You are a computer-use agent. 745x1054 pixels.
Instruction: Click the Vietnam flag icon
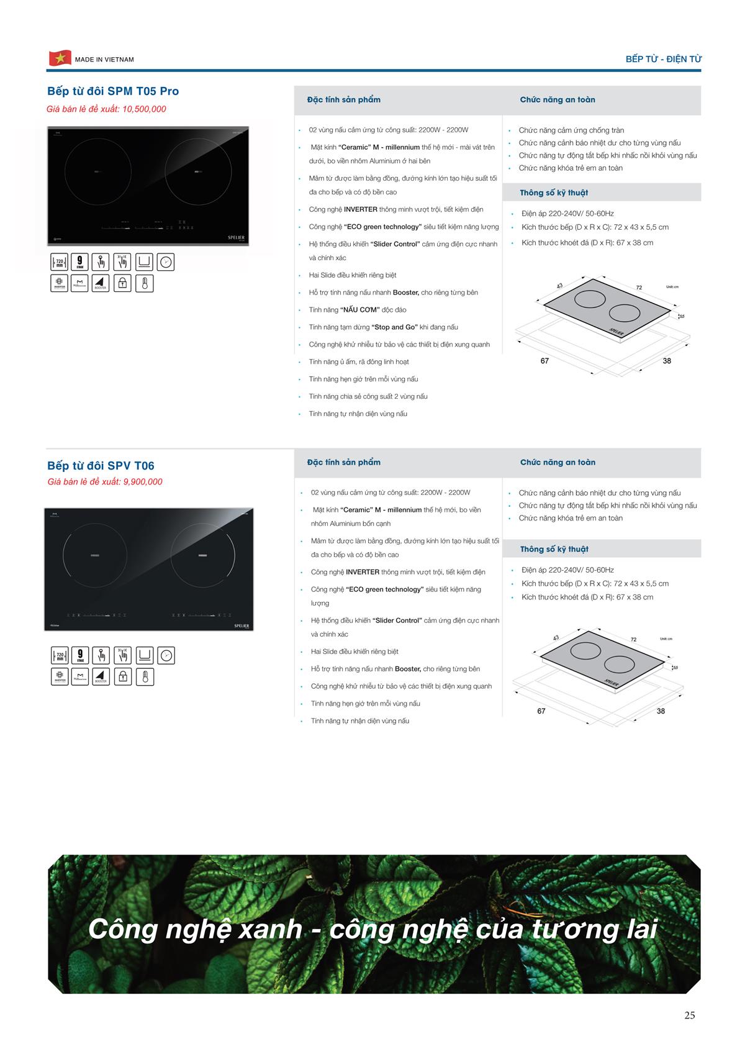60,58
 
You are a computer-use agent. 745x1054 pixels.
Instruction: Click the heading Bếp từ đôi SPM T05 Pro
113,91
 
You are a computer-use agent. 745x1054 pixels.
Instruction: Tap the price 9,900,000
142,482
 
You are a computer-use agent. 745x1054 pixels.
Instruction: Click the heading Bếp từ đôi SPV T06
101,466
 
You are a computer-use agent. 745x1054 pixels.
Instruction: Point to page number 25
689,1015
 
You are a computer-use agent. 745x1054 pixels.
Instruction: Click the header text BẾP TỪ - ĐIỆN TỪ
663,59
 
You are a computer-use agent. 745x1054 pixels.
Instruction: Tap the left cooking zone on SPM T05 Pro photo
98,172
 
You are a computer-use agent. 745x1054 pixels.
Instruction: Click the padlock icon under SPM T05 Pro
123,283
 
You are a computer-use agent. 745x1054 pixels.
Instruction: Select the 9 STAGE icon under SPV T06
80,655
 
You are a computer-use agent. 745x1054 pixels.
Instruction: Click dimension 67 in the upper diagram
544,361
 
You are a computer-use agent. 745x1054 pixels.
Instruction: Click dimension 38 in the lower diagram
661,711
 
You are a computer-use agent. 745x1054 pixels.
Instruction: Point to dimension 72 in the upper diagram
639,288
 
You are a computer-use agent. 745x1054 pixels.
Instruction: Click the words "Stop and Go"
394,327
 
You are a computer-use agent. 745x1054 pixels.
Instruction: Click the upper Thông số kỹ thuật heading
554,193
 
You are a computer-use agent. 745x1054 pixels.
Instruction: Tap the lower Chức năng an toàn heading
558,462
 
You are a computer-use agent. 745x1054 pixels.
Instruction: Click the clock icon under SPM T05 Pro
166,262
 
